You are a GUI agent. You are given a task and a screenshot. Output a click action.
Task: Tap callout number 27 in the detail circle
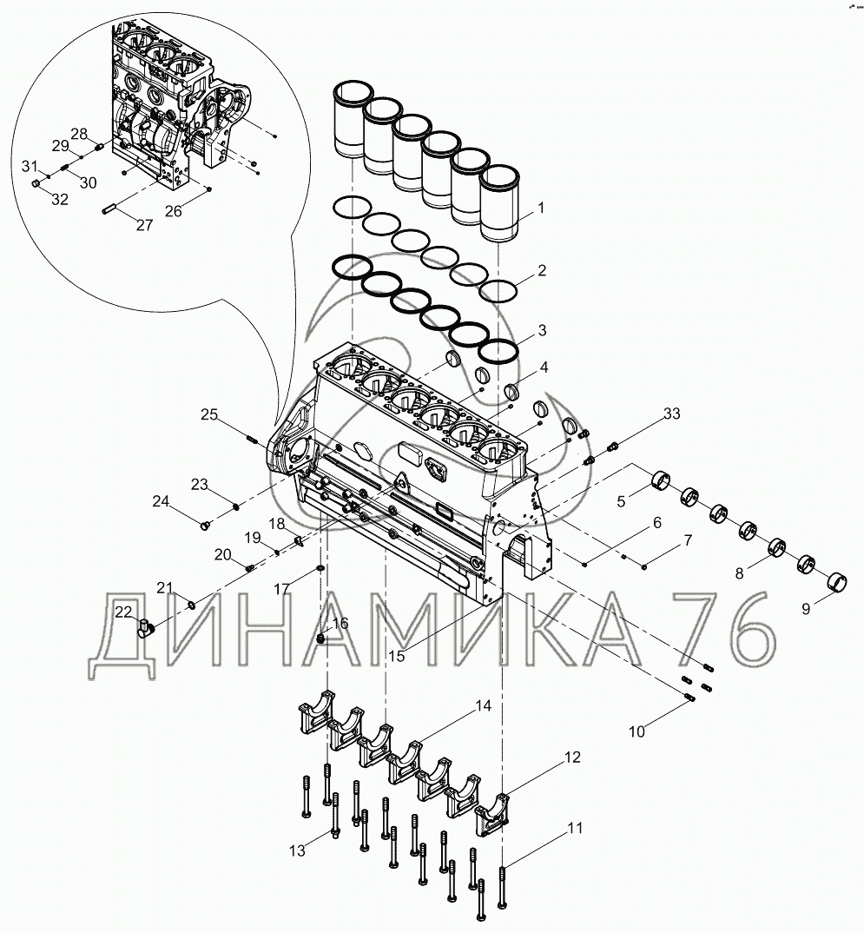click(x=144, y=224)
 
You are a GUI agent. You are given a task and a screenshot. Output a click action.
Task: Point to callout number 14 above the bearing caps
click(x=483, y=706)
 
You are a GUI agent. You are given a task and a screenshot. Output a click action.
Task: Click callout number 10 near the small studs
click(x=636, y=731)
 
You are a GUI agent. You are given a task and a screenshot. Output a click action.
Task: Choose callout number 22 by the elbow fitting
click(x=124, y=612)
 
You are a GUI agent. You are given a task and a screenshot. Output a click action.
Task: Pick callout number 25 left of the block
click(x=208, y=414)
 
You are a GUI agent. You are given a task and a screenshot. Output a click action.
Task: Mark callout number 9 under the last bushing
click(x=805, y=608)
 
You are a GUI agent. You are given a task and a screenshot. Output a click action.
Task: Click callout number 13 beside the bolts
click(x=298, y=850)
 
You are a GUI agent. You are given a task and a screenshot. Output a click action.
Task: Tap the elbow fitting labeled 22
click(x=145, y=626)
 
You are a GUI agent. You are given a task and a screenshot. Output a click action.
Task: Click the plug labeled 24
click(x=206, y=524)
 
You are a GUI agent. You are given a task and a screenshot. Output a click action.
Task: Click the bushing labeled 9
click(x=839, y=579)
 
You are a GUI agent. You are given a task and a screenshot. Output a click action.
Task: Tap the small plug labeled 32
click(x=36, y=184)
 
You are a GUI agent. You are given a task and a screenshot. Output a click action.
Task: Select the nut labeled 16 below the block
click(x=324, y=639)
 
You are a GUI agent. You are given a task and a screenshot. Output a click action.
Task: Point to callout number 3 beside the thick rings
click(x=542, y=330)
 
